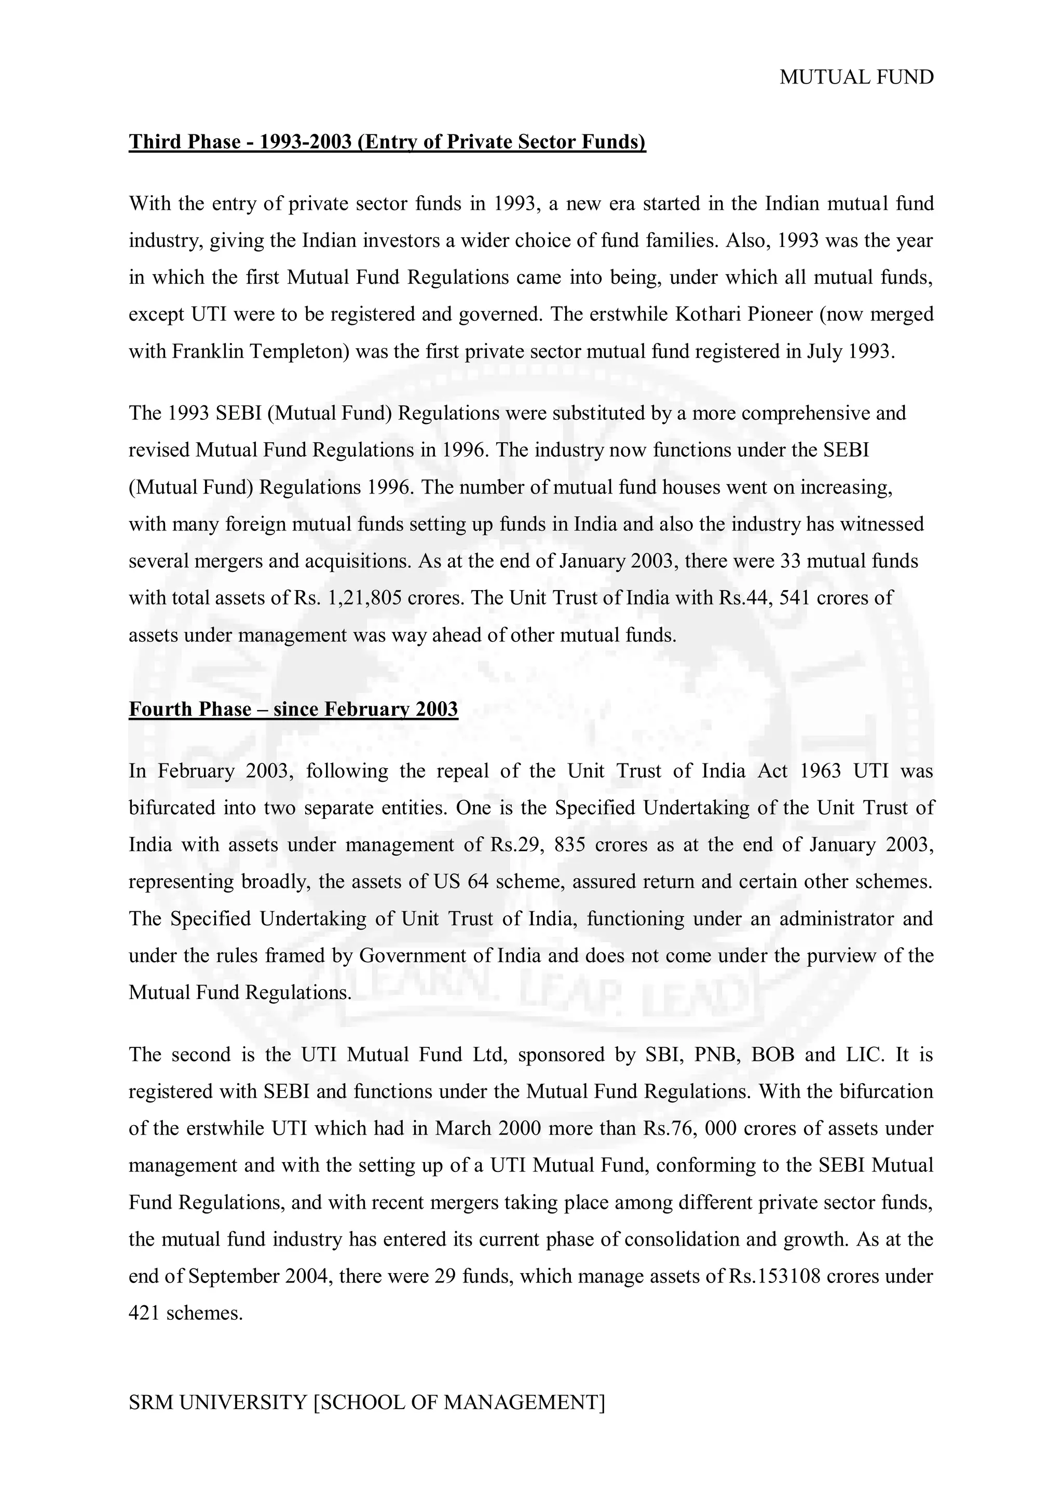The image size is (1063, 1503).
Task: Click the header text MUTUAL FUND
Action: click(x=856, y=77)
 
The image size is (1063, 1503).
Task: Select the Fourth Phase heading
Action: click(x=293, y=709)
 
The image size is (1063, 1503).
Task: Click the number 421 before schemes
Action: click(x=144, y=1313)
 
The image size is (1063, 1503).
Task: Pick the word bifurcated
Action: click(x=170, y=808)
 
